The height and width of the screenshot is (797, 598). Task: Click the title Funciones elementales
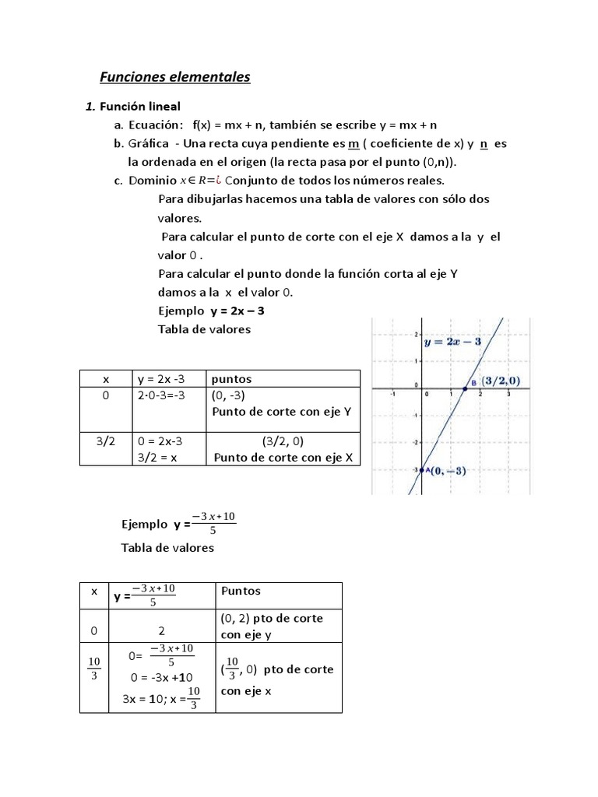click(x=175, y=77)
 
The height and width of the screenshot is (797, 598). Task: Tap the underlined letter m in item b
click(x=354, y=144)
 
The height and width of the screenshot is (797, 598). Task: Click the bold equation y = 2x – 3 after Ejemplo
click(x=242, y=311)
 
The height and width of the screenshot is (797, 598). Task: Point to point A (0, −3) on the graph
click(x=420, y=470)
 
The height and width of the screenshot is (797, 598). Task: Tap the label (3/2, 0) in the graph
click(x=501, y=381)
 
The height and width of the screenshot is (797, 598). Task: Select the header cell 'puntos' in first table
click(x=231, y=379)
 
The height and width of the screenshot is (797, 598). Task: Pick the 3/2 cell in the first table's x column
click(x=107, y=441)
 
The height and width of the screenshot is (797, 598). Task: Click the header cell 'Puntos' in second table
click(x=241, y=591)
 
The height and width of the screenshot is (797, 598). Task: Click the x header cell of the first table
click(x=107, y=379)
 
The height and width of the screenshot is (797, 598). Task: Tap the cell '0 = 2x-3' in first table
click(x=164, y=441)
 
